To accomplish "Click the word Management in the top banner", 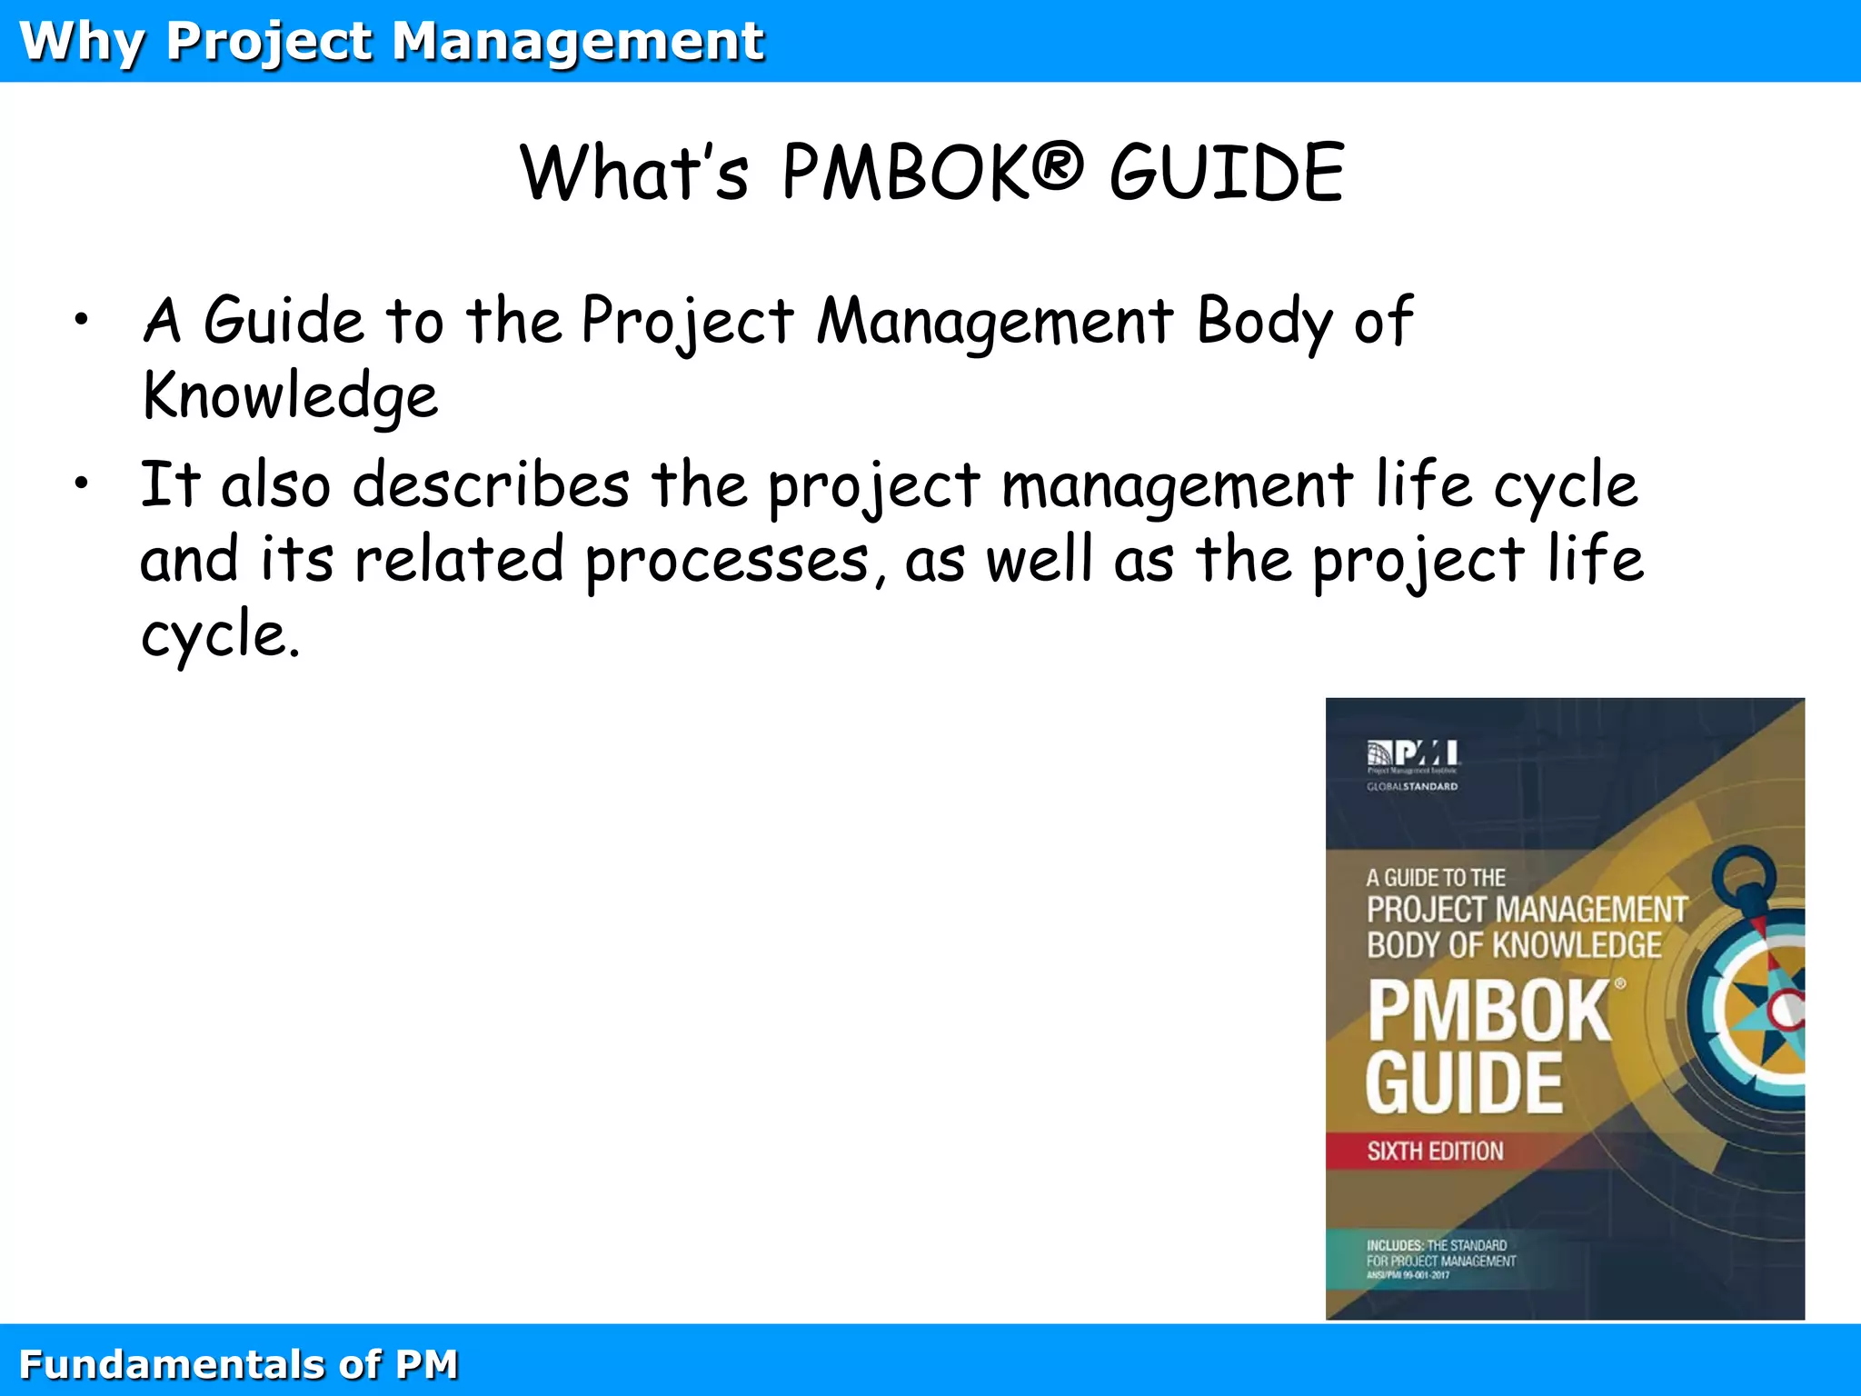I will click(578, 42).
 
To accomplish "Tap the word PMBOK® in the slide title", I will click(932, 173).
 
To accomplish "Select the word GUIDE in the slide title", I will click(1227, 173).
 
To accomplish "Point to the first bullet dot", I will click(82, 319).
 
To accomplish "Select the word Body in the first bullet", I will click(1264, 322).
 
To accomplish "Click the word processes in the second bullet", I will click(727, 561).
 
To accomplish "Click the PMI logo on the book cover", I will click(1412, 754).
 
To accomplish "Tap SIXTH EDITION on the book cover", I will click(1435, 1152).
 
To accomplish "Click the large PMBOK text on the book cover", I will click(1490, 1011).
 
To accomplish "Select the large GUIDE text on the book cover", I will click(1465, 1083).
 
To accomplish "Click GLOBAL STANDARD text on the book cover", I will click(1412, 787).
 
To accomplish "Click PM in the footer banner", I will click(426, 1365).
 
